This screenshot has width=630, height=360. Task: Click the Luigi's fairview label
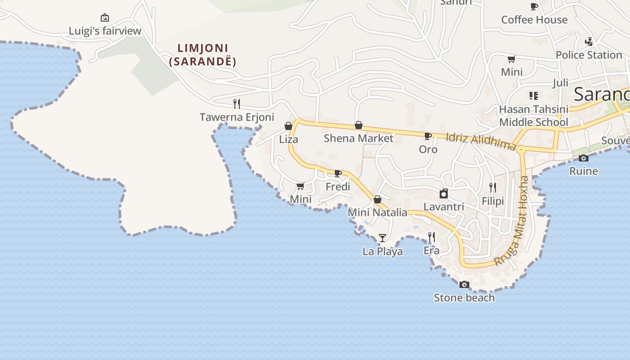105,31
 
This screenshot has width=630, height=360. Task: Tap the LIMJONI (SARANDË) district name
203,54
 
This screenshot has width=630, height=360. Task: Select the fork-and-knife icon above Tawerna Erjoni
237,104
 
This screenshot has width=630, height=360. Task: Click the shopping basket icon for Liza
288,126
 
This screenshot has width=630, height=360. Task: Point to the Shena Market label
359,138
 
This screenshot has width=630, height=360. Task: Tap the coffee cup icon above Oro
428,135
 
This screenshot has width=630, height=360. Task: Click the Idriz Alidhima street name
481,141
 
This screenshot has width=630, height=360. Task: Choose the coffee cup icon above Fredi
338,173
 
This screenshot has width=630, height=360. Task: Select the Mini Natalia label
378,212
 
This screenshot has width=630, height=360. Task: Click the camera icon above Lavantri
444,193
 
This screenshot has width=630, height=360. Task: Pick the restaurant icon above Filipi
493,187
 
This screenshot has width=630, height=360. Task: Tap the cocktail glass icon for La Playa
382,238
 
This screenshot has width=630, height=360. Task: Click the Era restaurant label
432,250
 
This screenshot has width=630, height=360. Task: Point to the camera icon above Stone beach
464,284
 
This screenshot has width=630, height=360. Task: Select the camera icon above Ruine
584,158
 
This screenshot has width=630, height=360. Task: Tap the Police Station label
589,55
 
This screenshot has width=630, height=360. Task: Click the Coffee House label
534,20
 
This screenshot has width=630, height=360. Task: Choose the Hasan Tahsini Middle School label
534,116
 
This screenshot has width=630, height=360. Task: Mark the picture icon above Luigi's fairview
105,18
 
